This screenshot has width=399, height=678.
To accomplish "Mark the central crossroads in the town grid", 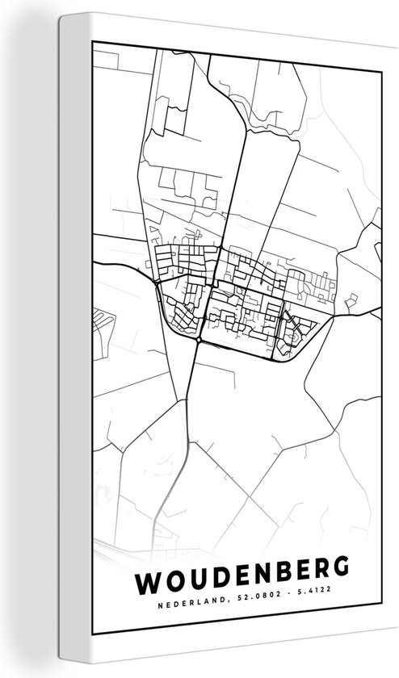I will (212, 286).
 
